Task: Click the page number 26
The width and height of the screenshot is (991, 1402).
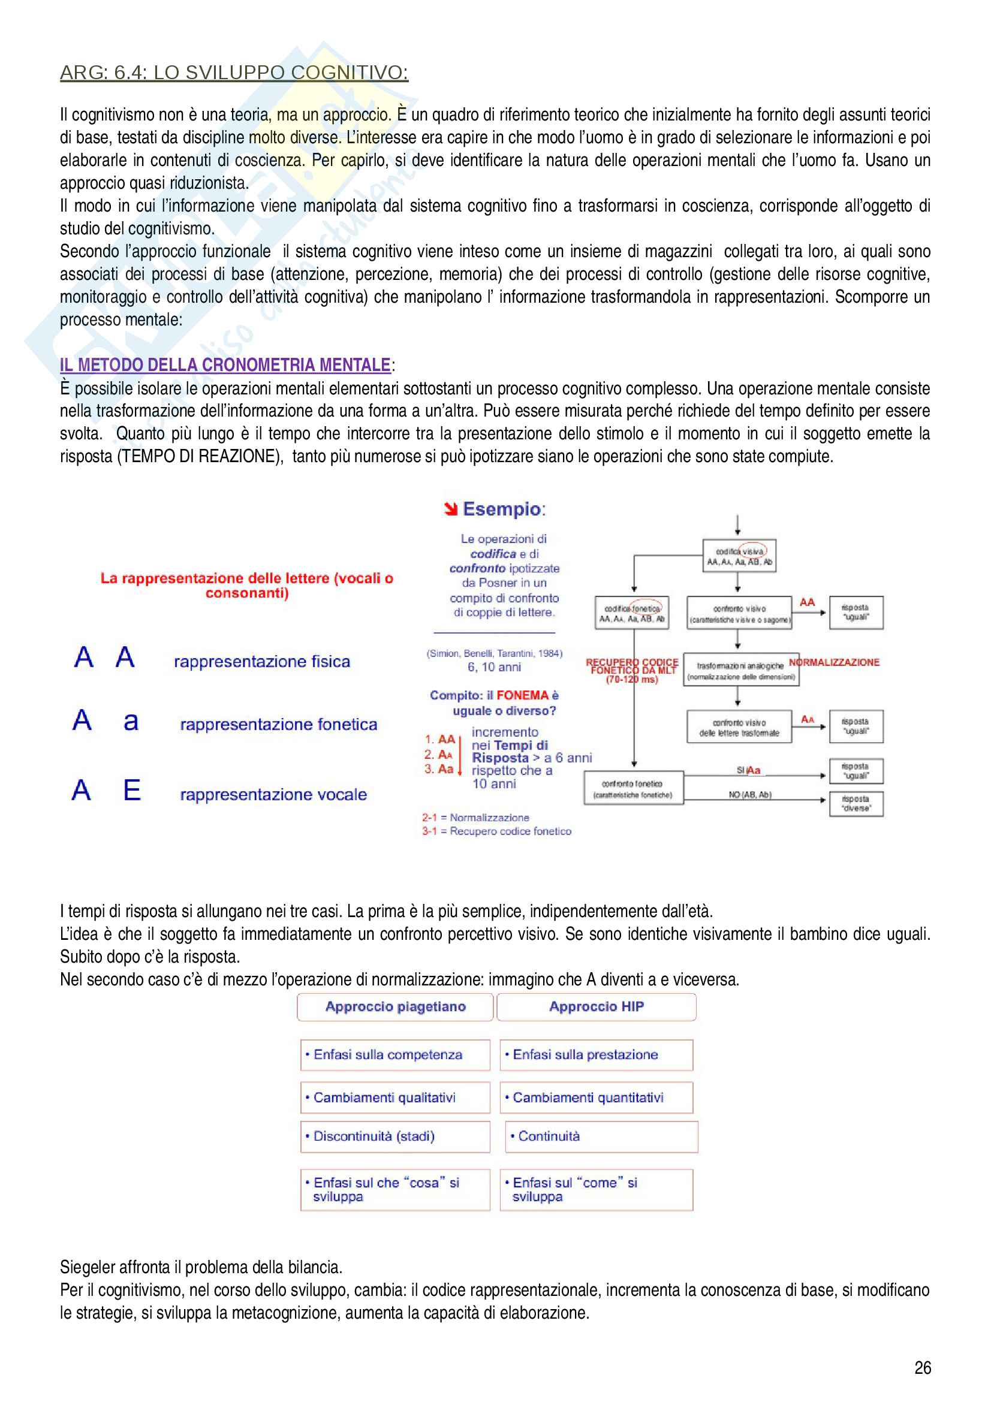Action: click(922, 1367)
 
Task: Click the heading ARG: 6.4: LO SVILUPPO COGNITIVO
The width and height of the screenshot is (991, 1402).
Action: click(234, 73)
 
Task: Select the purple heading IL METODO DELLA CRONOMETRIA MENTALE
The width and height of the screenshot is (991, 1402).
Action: click(225, 364)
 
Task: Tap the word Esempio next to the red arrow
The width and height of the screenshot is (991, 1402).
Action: click(502, 509)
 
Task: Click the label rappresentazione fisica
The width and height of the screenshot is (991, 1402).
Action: click(262, 661)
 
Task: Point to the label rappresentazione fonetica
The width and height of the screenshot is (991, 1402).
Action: click(278, 724)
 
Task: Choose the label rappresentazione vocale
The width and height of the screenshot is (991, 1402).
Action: click(273, 794)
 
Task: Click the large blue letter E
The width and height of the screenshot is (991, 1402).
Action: click(132, 790)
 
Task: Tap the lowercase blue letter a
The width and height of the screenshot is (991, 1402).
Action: click(131, 722)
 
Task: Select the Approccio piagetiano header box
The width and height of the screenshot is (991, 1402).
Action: click(395, 1007)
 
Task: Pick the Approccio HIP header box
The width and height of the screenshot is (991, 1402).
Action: click(596, 1007)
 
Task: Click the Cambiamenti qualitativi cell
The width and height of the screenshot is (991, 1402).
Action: click(395, 1098)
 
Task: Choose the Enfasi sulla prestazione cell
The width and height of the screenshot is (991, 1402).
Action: click(596, 1054)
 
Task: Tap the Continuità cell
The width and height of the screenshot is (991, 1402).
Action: click(601, 1136)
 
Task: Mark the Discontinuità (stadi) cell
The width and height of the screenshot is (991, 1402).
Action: click(395, 1136)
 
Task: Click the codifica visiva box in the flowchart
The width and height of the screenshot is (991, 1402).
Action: click(739, 556)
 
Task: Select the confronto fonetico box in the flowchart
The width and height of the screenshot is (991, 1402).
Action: click(632, 788)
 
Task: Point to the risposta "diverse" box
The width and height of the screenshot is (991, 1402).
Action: click(856, 804)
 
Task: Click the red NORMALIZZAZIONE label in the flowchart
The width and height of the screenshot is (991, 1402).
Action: click(834, 662)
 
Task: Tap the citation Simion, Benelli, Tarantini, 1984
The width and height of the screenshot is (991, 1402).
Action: click(494, 653)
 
